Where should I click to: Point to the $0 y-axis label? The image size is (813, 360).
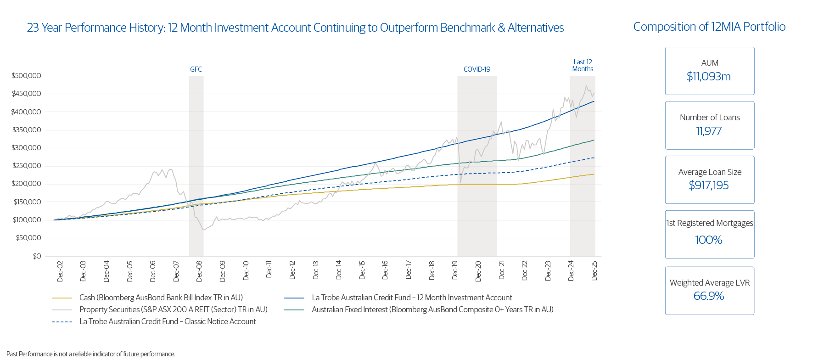click(x=37, y=256)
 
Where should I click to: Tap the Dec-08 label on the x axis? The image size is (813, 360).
click(x=199, y=271)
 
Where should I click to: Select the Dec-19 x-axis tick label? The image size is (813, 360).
click(x=455, y=271)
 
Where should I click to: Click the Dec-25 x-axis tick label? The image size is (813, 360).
click(x=594, y=271)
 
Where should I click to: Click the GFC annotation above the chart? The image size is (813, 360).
click(x=196, y=69)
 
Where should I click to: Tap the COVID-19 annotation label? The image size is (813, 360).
click(x=477, y=69)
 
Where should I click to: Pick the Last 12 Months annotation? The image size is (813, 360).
click(x=583, y=65)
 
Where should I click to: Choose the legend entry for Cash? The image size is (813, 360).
click(x=161, y=298)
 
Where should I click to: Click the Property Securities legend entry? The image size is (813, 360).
click(x=173, y=309)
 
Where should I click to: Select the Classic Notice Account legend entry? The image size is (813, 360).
click(x=168, y=321)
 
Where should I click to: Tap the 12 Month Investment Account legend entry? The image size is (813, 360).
click(x=412, y=298)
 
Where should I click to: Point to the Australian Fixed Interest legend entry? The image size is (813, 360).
click(x=432, y=309)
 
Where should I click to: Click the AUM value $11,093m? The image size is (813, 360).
click(x=709, y=77)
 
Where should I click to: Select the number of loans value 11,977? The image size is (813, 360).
click(x=709, y=131)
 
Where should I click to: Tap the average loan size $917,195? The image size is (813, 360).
click(x=709, y=186)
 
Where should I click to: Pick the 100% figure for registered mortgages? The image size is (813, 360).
click(x=709, y=240)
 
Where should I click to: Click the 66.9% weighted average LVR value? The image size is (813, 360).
click(x=709, y=296)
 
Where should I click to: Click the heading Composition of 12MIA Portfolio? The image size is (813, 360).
click(x=709, y=27)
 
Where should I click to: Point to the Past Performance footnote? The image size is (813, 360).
click(x=91, y=354)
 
